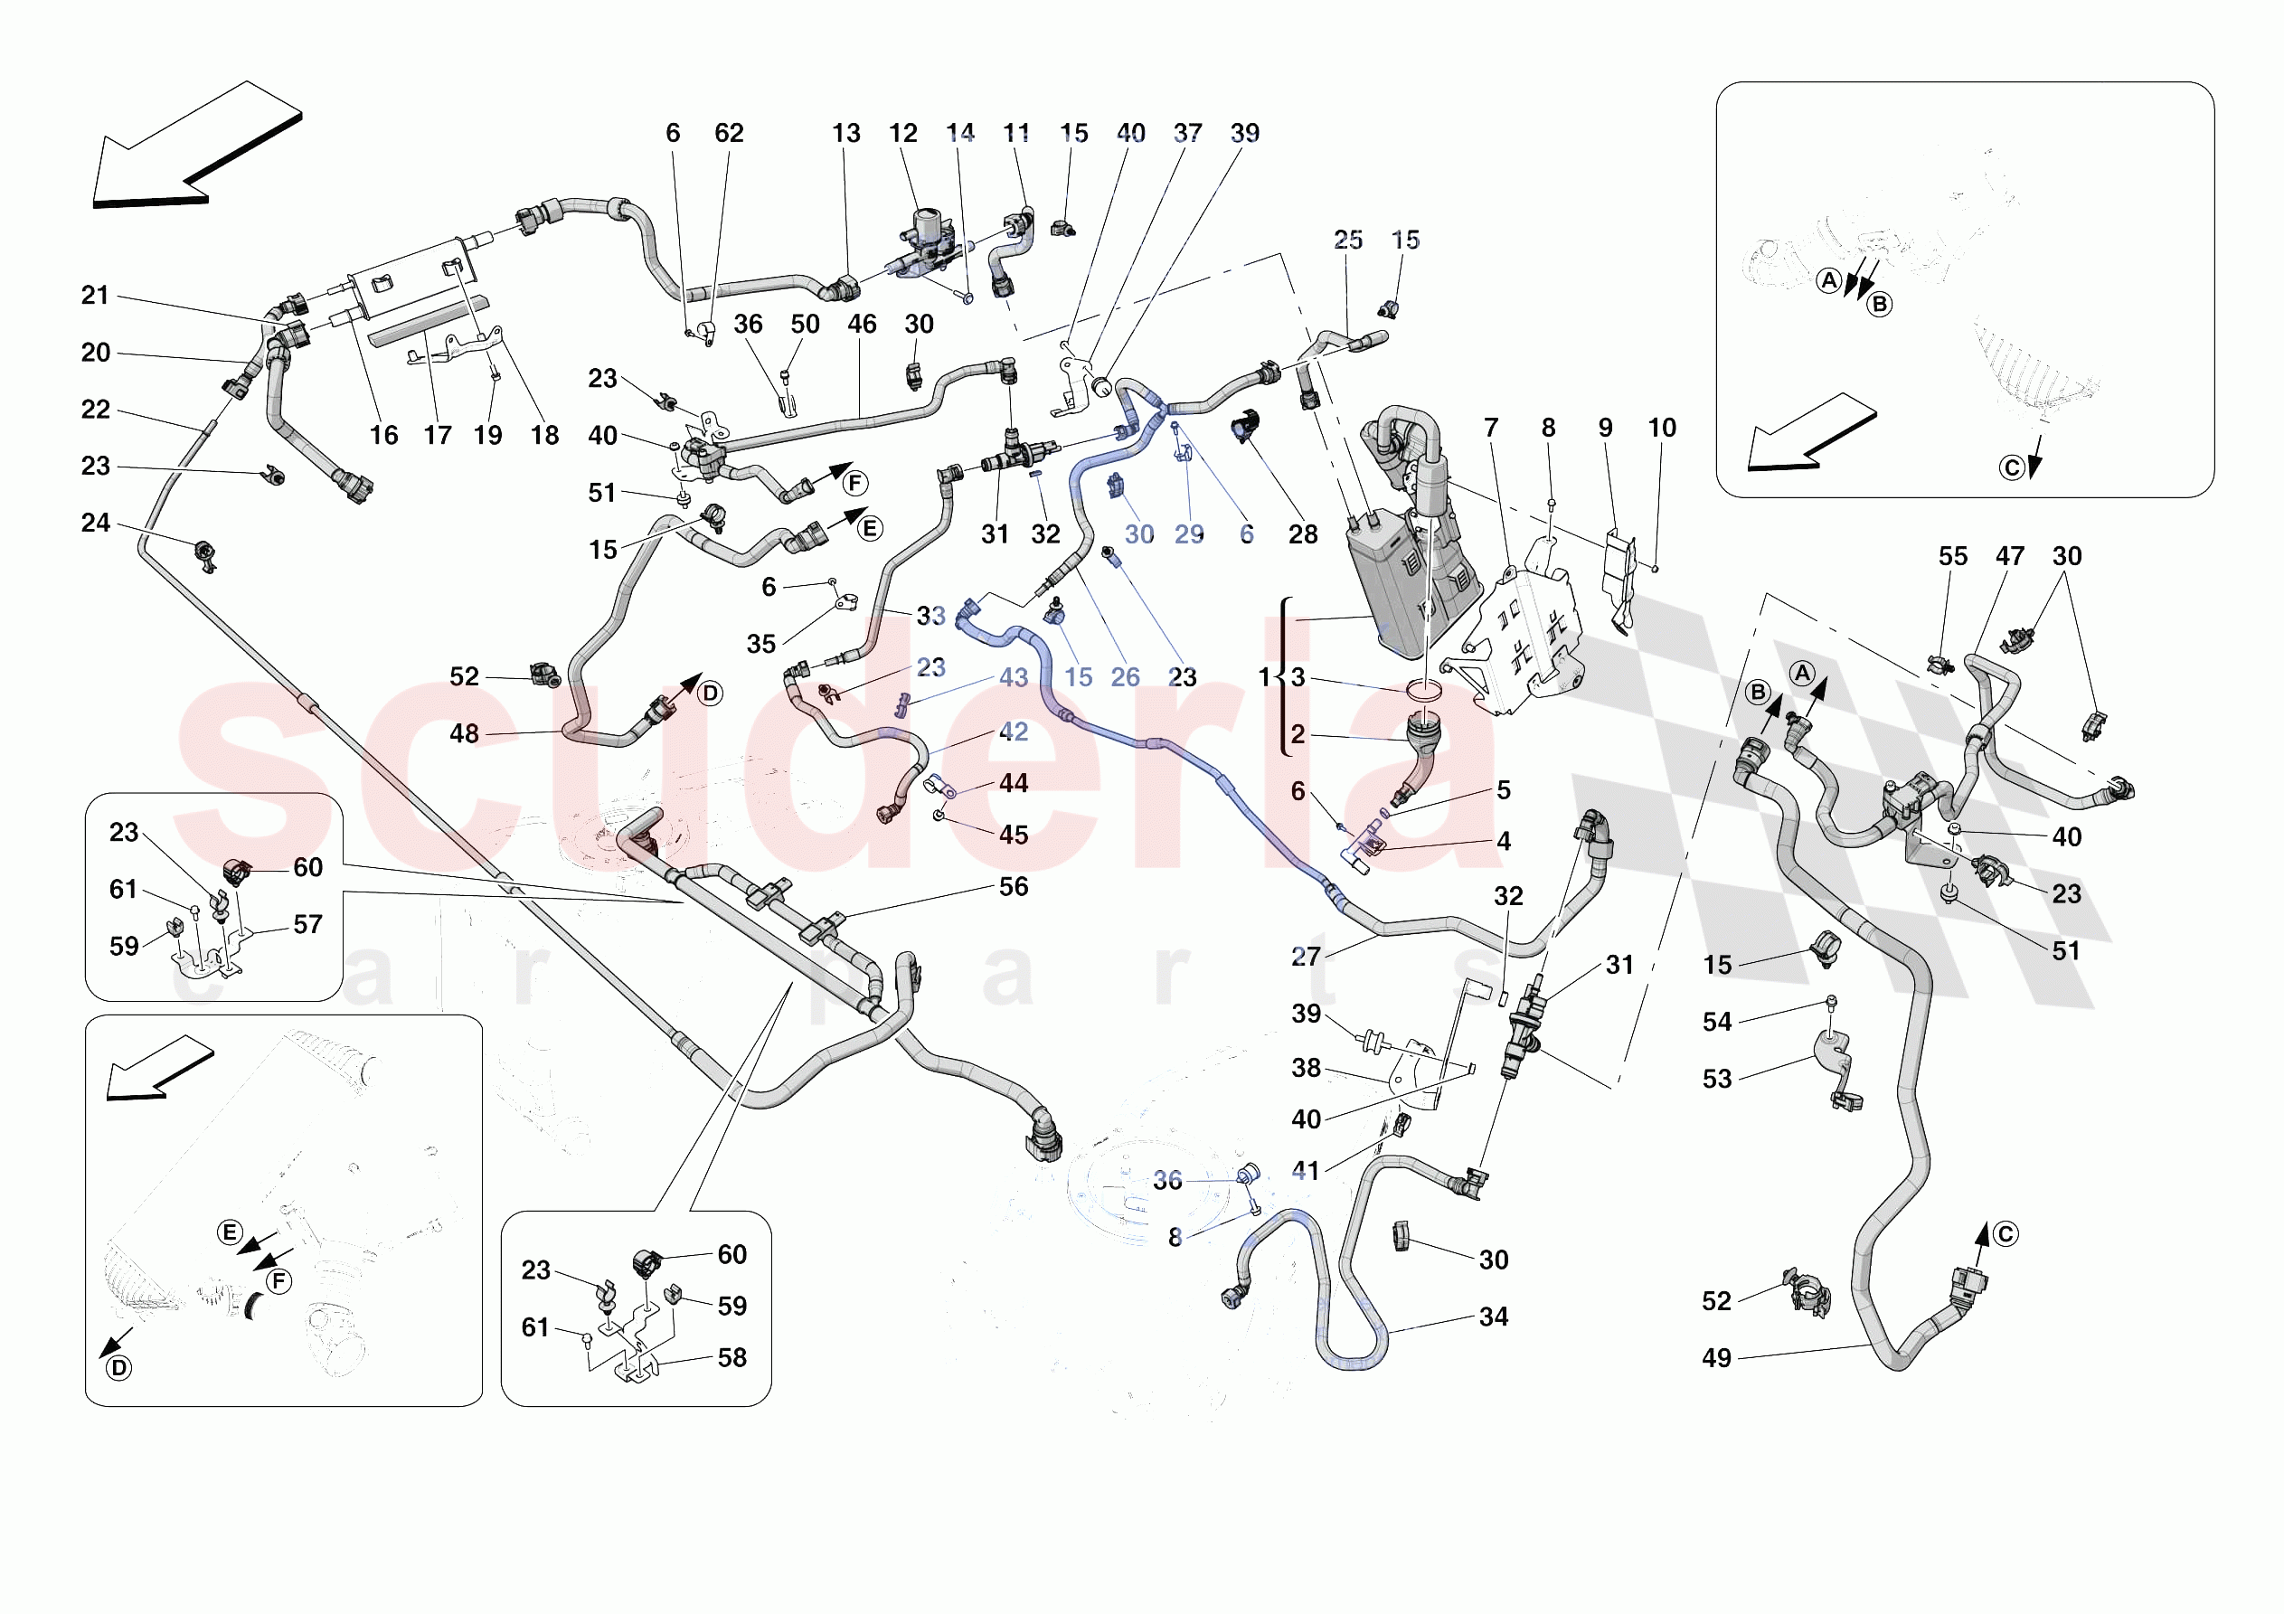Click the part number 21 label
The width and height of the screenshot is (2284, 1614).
(95, 295)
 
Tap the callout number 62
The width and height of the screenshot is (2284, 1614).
(729, 132)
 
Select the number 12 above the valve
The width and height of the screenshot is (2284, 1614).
(902, 132)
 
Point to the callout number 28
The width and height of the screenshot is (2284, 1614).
(1303, 534)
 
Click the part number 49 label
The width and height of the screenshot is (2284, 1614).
(1716, 1357)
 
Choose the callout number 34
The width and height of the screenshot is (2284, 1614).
(1493, 1317)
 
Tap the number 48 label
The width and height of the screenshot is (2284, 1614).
(464, 733)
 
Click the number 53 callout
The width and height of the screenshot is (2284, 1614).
(1717, 1079)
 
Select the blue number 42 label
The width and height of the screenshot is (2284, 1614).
(1013, 731)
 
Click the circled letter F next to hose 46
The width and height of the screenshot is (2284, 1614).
(854, 484)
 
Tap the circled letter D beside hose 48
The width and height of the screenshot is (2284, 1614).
(709, 694)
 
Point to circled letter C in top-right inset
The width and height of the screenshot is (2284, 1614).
(2012, 467)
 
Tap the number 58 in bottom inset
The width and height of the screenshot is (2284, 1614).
(732, 1357)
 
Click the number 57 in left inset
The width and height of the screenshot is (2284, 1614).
(307, 924)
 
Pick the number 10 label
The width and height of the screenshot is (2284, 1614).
(1662, 427)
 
